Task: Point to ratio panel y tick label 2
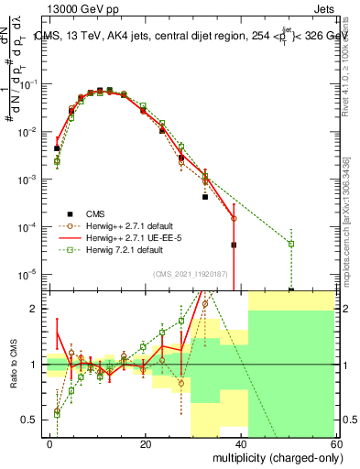[37, 310]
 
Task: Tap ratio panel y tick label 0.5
[32, 420]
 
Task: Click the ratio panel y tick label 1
[37, 365]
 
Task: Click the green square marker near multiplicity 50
[290, 244]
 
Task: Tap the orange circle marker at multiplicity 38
[234, 218]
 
